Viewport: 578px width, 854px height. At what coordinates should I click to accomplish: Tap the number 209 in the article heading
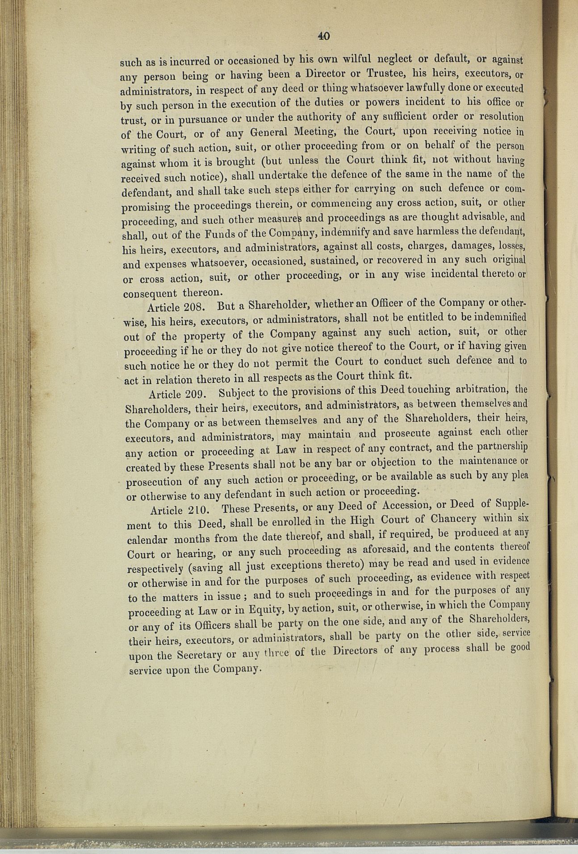195,394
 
